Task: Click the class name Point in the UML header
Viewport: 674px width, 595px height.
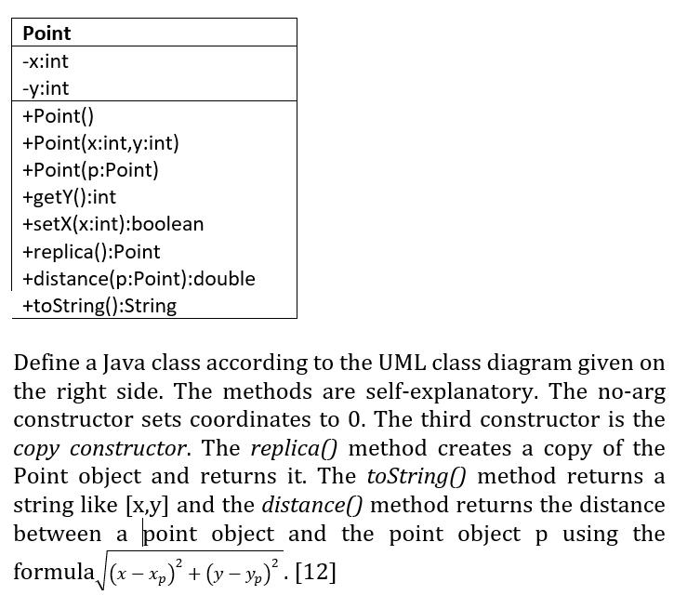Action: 46,33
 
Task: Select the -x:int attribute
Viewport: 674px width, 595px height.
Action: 46,61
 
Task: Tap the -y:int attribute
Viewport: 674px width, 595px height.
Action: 46,88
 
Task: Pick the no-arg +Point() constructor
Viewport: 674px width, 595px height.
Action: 59,116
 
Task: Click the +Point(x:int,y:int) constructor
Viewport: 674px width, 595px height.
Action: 100,143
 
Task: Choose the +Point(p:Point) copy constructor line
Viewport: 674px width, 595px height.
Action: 90,170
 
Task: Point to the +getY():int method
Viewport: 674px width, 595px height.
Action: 70,197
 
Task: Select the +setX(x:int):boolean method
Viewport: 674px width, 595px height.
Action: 112,224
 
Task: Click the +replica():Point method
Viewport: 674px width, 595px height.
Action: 91,252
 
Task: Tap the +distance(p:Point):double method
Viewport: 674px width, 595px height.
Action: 139,279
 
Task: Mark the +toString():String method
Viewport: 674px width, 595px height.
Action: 99,306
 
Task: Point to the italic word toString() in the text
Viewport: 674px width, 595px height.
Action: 416,477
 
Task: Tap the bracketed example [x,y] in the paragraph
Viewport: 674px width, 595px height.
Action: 147,506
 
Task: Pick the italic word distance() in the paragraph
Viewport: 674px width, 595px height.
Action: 311,506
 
